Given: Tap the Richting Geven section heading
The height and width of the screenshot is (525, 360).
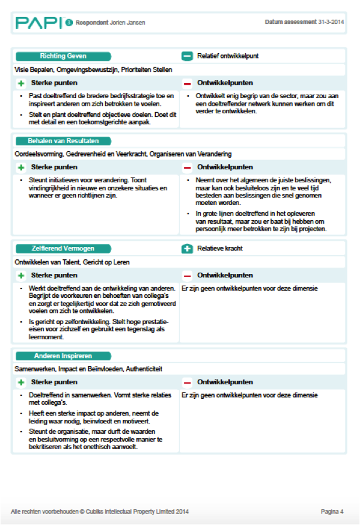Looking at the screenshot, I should tap(63, 56).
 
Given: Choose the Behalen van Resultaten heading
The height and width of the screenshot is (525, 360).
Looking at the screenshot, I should tap(63, 141).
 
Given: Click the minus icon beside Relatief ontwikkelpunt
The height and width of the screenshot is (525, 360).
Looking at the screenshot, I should tap(187, 57).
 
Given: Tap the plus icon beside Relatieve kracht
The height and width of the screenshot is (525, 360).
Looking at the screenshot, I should tap(187, 249).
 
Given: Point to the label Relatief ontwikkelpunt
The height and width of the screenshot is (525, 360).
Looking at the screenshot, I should tap(228, 57).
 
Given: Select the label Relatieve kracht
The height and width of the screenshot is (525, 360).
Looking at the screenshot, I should tap(220, 249).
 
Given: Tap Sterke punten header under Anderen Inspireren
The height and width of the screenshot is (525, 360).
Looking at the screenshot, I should tap(54, 383).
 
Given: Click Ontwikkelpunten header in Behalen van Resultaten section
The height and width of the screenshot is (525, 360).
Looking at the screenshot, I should tap(225, 168).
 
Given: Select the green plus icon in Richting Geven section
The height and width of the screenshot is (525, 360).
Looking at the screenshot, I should tap(21, 84).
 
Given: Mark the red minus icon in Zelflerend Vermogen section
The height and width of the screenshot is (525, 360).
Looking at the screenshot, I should tap(187, 276).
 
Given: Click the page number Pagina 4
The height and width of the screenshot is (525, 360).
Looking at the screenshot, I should tap(332, 512).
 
